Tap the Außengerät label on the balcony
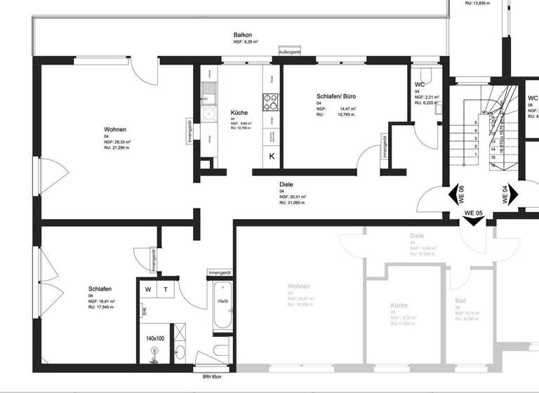point(289,53)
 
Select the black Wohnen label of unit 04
point(115,130)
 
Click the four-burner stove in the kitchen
point(270,102)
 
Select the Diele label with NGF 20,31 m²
point(286,184)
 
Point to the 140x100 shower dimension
point(154,338)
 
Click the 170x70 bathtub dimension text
point(222,302)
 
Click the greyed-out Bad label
point(460,300)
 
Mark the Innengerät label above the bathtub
point(220,272)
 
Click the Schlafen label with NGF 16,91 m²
point(100,288)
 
